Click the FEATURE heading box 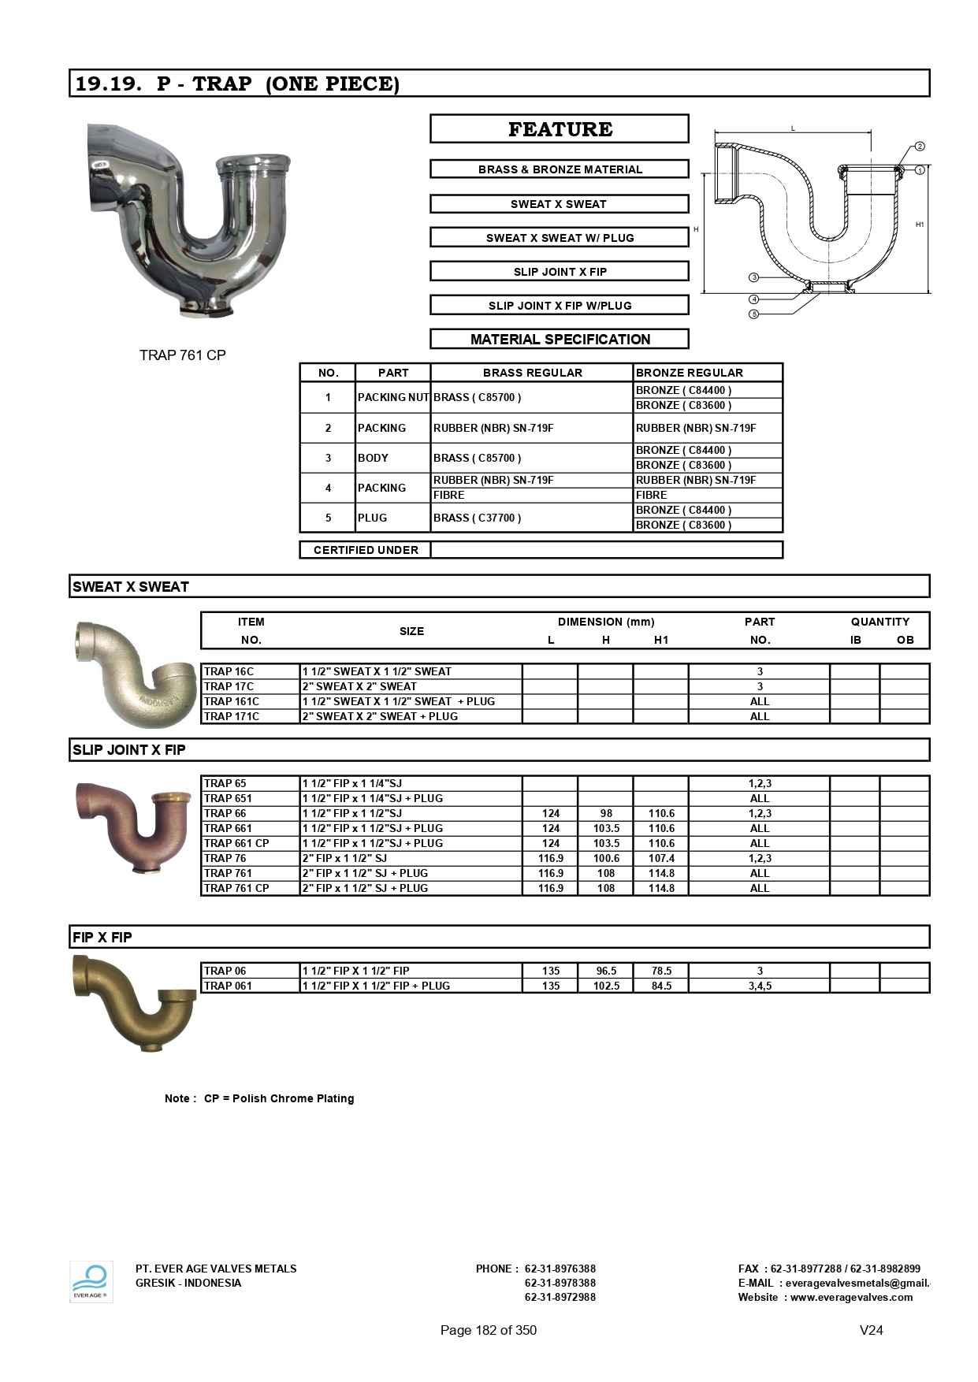pos(560,129)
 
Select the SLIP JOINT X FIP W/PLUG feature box pos(560,306)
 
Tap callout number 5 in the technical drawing pos(754,314)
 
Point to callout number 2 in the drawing pos(920,147)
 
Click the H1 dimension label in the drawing pos(920,225)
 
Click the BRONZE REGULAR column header pos(690,373)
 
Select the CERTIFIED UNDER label pos(366,550)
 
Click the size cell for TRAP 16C pos(377,671)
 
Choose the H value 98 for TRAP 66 pos(606,813)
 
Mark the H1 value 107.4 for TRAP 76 pos(661,858)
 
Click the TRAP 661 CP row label pos(236,843)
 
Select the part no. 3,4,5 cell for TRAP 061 pos(760,986)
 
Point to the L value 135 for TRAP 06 pos(551,971)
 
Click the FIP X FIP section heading pos(102,938)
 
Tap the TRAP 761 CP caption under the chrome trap pos(183,355)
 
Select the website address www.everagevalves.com pos(851,1298)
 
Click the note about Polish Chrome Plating pos(259,1098)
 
